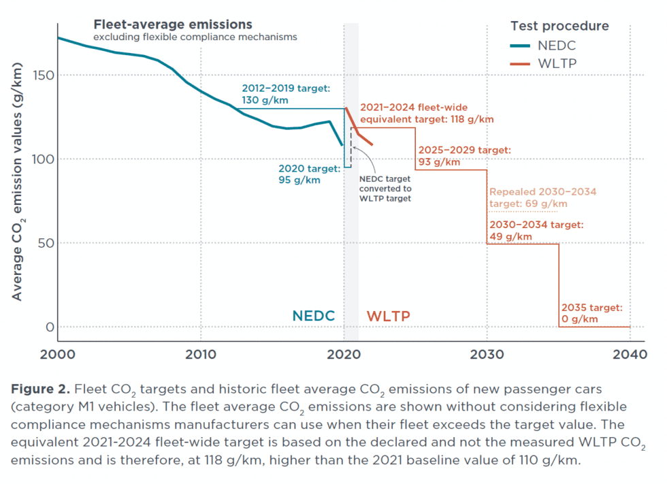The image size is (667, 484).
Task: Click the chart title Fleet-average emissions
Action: coord(173,25)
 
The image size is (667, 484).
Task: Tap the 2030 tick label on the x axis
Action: coord(487,355)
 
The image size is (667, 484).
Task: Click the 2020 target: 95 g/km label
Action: coord(309,174)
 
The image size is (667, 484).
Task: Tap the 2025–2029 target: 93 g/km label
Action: coord(464,156)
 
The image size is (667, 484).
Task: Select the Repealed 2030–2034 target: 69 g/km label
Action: coord(542,198)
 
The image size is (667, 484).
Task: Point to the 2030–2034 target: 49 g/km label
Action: coord(536,230)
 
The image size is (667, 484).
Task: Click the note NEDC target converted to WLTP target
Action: coord(385,189)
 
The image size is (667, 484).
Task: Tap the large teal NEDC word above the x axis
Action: coord(314,316)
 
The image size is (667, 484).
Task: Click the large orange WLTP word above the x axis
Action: coord(389,317)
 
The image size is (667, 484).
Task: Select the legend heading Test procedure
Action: coord(559,27)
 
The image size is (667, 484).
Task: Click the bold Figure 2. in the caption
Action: coord(39,390)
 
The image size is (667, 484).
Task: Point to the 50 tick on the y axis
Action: coord(48,243)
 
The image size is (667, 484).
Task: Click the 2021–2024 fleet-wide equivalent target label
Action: coord(426,113)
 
